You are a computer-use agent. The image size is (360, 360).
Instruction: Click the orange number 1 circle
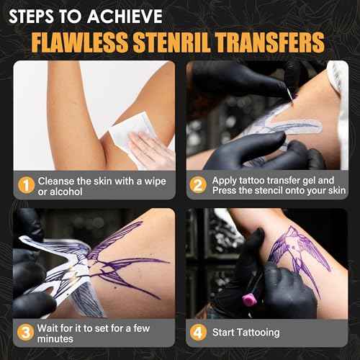click(x=25, y=186)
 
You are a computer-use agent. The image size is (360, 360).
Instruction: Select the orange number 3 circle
click(x=25, y=333)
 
